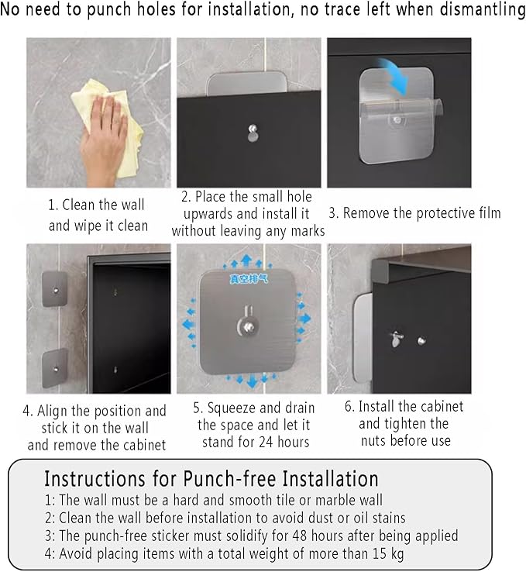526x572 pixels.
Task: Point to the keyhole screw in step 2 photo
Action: click(x=253, y=133)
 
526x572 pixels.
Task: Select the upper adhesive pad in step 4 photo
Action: click(x=55, y=289)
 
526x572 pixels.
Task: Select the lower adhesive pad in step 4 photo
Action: click(x=55, y=368)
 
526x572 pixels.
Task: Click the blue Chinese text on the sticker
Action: click(x=249, y=279)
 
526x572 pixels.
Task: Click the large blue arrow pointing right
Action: click(x=304, y=319)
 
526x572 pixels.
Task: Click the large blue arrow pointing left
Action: click(x=188, y=324)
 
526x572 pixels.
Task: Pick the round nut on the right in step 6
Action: click(x=421, y=341)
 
